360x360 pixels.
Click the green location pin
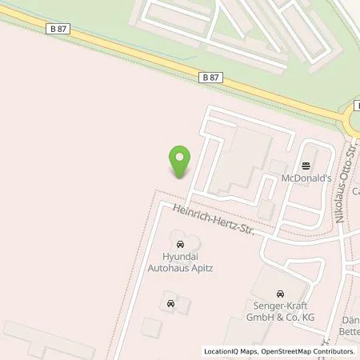(179, 162)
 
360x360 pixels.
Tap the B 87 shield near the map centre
(210, 77)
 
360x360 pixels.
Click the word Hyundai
(179, 257)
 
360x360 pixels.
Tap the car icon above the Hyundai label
(179, 242)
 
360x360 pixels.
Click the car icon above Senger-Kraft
(279, 294)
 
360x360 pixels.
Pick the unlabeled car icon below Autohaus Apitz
(170, 303)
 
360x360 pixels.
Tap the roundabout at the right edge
(354, 120)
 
